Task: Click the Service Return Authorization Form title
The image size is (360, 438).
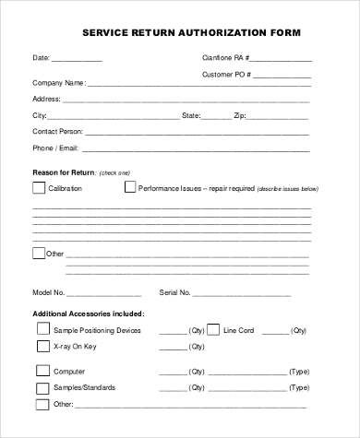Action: [x=191, y=31]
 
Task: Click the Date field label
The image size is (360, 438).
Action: [x=42, y=58]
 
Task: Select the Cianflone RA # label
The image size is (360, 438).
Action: [x=226, y=58]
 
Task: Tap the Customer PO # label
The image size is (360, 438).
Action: [x=226, y=73]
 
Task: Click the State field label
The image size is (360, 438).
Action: [x=191, y=116]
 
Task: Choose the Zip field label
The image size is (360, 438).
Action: [x=239, y=116]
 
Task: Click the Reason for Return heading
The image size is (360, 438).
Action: [x=64, y=172]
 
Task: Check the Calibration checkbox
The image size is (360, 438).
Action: [x=39, y=188]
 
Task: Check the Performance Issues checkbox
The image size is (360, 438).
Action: [x=130, y=188]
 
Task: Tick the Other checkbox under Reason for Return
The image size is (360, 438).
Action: [x=39, y=252]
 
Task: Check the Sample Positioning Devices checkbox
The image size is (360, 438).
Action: [x=42, y=329]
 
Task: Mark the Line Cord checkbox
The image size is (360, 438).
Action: [x=213, y=329]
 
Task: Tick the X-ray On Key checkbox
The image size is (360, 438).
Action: [x=42, y=347]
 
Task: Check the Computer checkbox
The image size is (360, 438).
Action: [x=42, y=371]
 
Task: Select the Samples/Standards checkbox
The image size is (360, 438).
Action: [x=42, y=387]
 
